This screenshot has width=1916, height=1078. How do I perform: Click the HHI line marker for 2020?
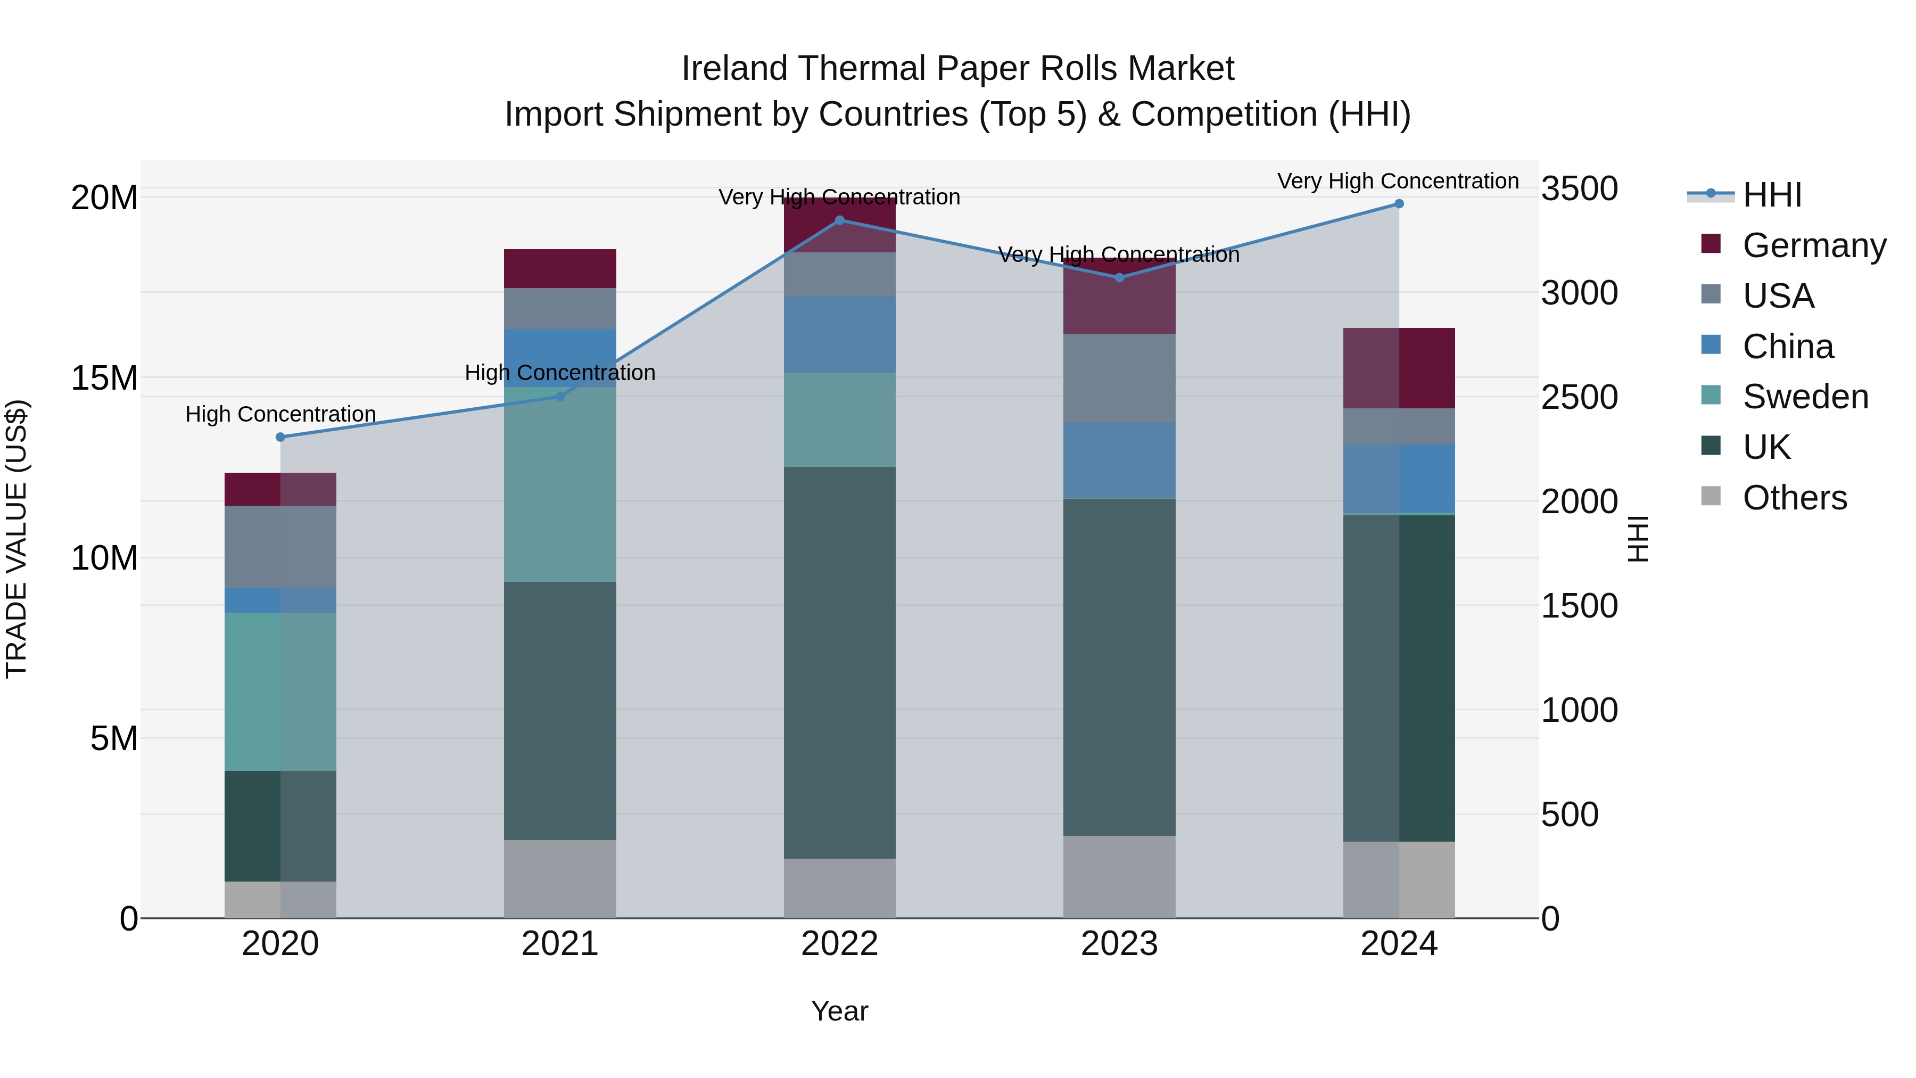[280, 437]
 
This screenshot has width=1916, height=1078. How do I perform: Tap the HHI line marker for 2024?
[1399, 204]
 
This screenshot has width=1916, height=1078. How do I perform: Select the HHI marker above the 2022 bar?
[840, 220]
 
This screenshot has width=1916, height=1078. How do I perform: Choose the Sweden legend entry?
[1805, 397]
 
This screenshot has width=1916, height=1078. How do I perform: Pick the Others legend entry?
[1794, 498]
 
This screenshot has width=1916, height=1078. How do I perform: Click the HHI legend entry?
[1772, 195]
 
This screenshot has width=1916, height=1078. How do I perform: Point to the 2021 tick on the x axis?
[560, 944]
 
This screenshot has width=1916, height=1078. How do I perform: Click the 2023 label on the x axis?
[1119, 944]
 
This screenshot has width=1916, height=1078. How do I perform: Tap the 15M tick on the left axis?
[104, 378]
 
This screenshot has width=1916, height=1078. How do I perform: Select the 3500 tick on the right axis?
[1579, 188]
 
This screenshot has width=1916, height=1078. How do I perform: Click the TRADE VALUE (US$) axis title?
[16, 539]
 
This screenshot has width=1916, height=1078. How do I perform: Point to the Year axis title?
[840, 1011]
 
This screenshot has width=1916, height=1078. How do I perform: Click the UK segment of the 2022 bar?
[840, 662]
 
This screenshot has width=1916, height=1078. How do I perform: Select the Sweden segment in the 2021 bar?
[560, 483]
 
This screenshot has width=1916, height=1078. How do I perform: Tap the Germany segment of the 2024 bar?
[1399, 368]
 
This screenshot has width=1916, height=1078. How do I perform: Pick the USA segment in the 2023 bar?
[1119, 378]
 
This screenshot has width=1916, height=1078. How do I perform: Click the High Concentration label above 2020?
[280, 414]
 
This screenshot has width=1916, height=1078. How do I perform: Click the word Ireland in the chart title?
[735, 69]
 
